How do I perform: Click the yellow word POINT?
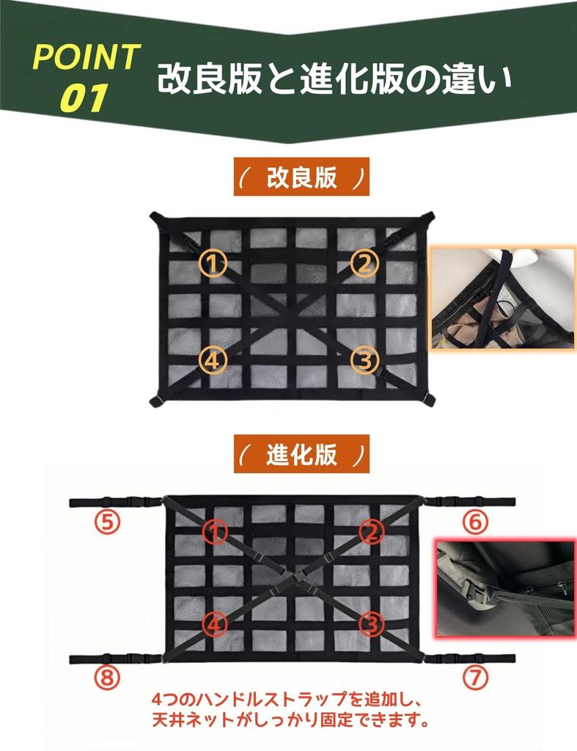(87, 57)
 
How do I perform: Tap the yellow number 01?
(84, 98)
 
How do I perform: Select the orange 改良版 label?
(301, 177)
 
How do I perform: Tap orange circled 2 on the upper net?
(363, 263)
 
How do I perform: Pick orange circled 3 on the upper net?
(363, 359)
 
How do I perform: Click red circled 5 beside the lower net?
(106, 522)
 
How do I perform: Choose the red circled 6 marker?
(474, 521)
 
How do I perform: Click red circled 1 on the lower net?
(215, 532)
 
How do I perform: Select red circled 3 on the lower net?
(372, 625)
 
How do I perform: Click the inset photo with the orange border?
(503, 299)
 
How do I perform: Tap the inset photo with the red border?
(504, 588)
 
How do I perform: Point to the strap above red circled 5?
(114, 503)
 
